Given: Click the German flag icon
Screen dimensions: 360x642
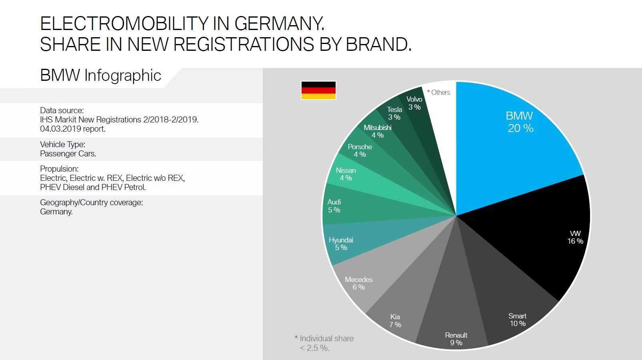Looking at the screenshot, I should [318, 90].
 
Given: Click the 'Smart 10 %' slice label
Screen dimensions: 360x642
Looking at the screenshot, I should [517, 320].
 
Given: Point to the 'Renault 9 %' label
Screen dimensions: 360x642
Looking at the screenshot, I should [456, 339].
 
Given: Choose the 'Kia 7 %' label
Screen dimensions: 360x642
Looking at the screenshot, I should [395, 321].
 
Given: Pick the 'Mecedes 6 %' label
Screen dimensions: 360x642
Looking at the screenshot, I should [358, 283].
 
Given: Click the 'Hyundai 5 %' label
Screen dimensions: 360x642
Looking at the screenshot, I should [341, 244].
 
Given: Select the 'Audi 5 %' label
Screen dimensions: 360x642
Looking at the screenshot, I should [334, 206].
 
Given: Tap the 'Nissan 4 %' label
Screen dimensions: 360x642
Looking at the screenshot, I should [346, 174].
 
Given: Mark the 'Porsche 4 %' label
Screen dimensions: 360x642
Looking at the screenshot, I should [360, 150].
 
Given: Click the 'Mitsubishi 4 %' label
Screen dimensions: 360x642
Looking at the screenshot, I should [377, 131].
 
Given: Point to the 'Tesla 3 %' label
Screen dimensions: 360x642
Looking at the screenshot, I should [394, 113].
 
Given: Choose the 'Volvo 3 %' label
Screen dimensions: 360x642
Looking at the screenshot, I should [414, 103].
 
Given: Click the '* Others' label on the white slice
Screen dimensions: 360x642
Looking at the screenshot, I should [438, 92].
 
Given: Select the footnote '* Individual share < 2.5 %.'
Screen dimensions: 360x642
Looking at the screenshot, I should [324, 343].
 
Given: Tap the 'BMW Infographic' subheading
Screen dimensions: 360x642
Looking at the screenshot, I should [100, 75].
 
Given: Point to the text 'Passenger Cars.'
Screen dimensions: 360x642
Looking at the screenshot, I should [68, 154].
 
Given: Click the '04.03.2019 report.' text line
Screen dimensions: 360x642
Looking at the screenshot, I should [72, 129].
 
